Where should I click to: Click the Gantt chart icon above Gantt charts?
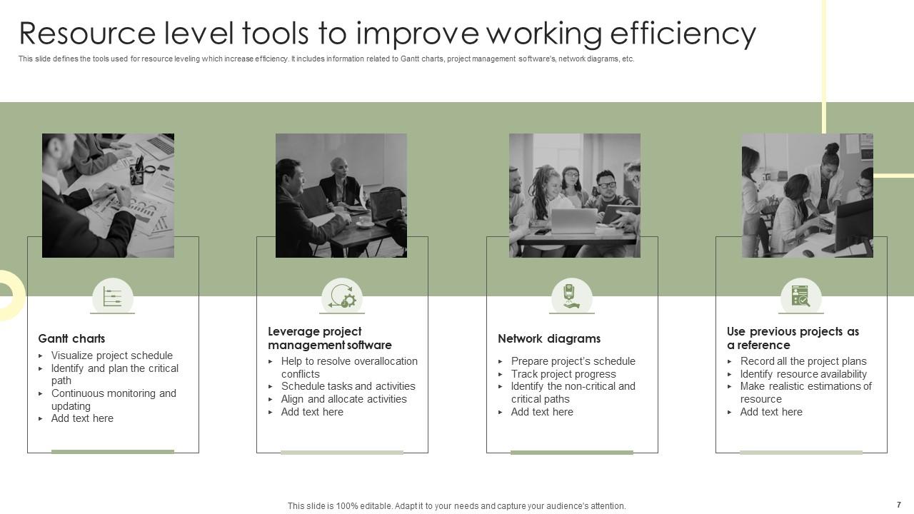click(113, 296)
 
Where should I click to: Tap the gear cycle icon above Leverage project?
click(342, 296)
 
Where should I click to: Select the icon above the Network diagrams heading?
click(571, 296)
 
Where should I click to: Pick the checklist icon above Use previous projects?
click(800, 296)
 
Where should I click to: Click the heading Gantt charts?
click(71, 338)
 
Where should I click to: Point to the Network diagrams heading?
click(549, 338)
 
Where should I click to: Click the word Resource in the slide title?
click(87, 34)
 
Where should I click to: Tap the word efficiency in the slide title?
click(683, 34)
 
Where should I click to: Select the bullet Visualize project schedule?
click(112, 356)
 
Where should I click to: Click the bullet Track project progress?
click(563, 374)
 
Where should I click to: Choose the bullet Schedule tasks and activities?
click(348, 386)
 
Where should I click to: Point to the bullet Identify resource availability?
click(803, 374)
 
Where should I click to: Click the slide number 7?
click(899, 505)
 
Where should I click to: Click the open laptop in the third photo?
click(573, 221)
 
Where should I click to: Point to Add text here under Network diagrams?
click(542, 412)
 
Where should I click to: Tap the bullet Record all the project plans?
click(803, 361)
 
